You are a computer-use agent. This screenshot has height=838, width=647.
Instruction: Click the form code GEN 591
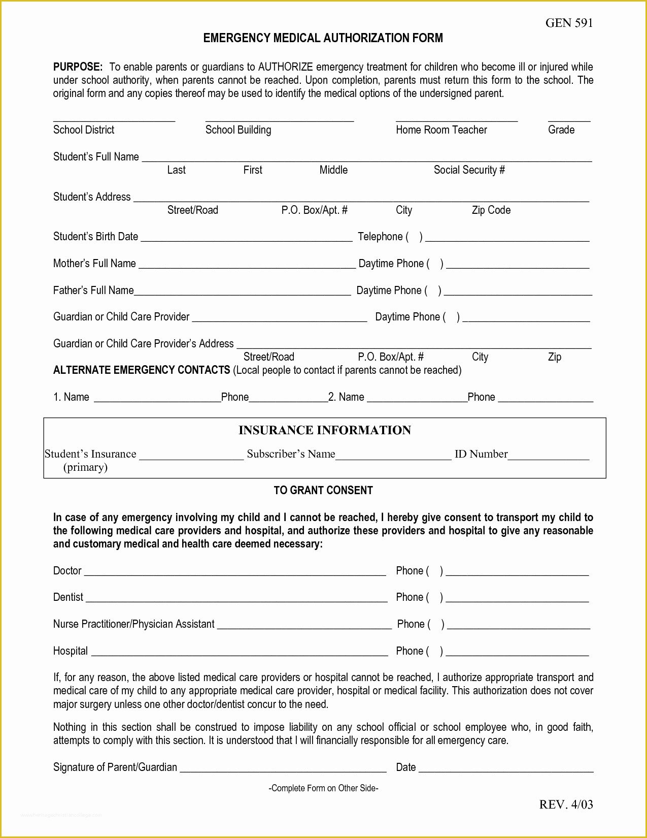pyautogui.click(x=569, y=23)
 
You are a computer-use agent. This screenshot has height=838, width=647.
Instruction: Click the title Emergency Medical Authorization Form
pyautogui.click(x=323, y=38)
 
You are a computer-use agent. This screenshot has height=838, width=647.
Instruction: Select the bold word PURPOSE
pyautogui.click(x=78, y=67)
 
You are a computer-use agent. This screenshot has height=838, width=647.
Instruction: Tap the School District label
pyautogui.click(x=84, y=130)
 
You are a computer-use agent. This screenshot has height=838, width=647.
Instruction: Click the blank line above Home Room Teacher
pyautogui.click(x=456, y=120)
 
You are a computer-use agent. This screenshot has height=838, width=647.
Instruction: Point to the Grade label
pyautogui.click(x=561, y=130)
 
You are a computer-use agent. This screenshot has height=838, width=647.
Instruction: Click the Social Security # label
pyautogui.click(x=469, y=170)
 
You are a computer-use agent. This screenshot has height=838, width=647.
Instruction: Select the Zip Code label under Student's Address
pyautogui.click(x=491, y=210)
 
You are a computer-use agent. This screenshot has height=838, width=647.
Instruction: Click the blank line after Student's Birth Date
pyautogui.click(x=246, y=239)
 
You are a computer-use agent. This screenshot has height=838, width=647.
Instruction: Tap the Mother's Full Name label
pyautogui.click(x=94, y=264)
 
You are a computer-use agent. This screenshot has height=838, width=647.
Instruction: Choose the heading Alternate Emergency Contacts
pyautogui.click(x=142, y=370)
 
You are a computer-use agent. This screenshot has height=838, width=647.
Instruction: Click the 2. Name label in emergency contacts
pyautogui.click(x=346, y=397)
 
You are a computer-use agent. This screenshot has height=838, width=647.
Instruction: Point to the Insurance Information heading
pyautogui.click(x=324, y=430)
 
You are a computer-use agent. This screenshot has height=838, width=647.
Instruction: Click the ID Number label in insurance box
pyautogui.click(x=481, y=454)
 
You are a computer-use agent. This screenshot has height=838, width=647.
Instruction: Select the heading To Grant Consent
pyautogui.click(x=323, y=491)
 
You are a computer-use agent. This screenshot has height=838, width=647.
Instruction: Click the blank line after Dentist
pyautogui.click(x=236, y=600)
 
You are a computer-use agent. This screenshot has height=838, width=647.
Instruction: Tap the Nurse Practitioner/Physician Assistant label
pyautogui.click(x=133, y=624)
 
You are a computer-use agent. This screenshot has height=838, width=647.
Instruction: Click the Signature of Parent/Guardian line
pyautogui.click(x=283, y=770)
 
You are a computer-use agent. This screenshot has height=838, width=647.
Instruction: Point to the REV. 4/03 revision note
pyautogui.click(x=565, y=804)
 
